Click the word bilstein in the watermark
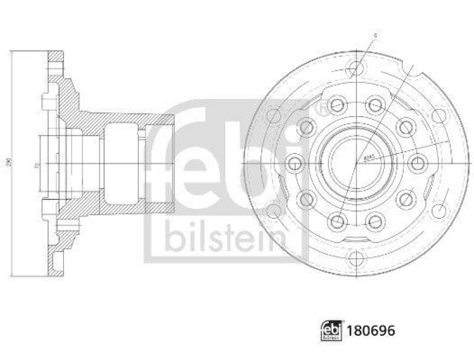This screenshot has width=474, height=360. pos(225,236)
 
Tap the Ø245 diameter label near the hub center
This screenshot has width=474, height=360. pos(367,158)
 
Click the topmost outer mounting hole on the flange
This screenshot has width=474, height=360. pos(356,66)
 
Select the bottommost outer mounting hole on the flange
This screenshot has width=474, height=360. pos(356,258)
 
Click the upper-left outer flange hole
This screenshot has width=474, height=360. pos(273,114)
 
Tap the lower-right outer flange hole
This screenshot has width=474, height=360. pos(439,210)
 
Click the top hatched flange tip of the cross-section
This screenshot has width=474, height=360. pos(56,59)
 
